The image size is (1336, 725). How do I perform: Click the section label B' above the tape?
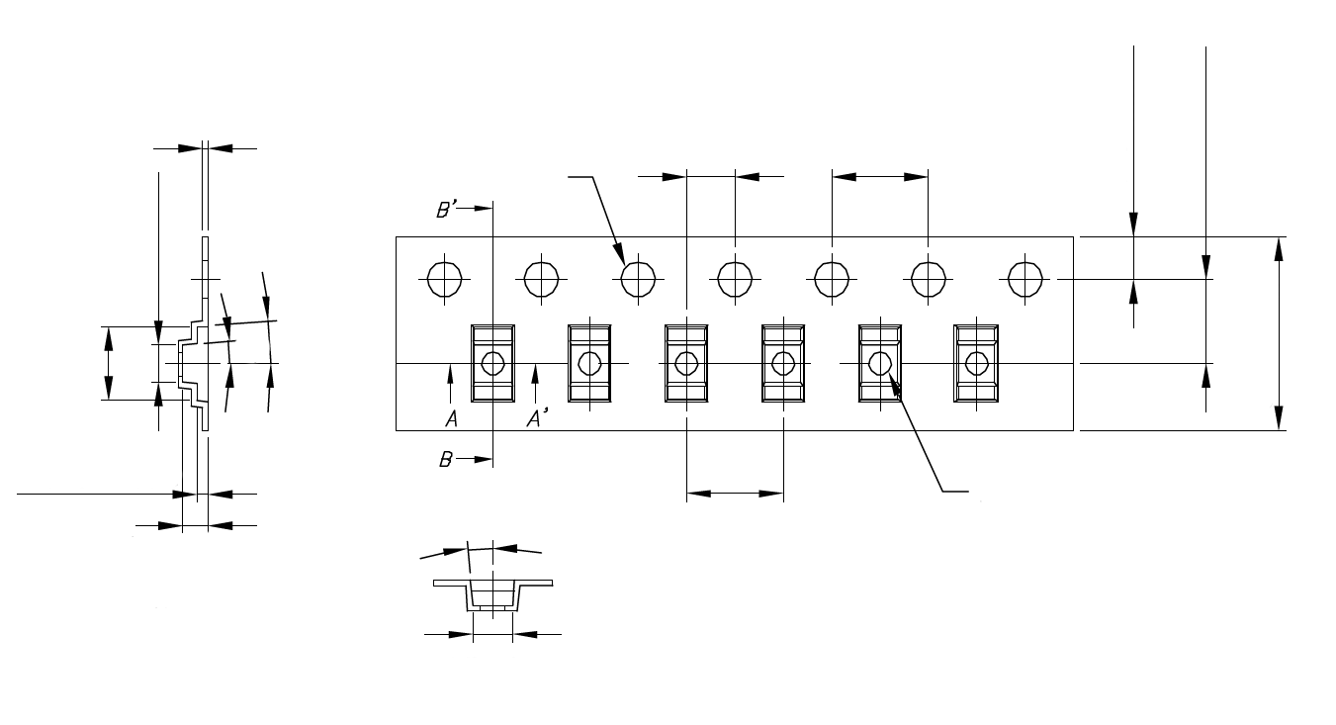pyautogui.click(x=446, y=209)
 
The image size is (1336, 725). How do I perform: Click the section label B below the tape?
pyautogui.click(x=447, y=459)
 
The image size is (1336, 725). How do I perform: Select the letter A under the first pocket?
pyautogui.click(x=450, y=419)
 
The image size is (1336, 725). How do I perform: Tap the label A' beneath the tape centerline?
pyautogui.click(x=537, y=419)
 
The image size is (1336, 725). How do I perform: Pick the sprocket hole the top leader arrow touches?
pyautogui.click(x=639, y=278)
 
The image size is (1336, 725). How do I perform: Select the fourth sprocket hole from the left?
pyautogui.click(x=735, y=278)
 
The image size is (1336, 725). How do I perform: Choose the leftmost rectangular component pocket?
pyautogui.click(x=492, y=363)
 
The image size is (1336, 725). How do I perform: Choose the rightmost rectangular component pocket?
pyautogui.click(x=976, y=363)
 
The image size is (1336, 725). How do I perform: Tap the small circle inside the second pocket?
pyautogui.click(x=588, y=364)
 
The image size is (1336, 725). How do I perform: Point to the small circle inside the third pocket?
pyautogui.click(x=685, y=364)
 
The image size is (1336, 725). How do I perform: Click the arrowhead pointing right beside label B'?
pyautogui.click(x=482, y=209)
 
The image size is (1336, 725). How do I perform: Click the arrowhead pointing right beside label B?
pyautogui.click(x=482, y=459)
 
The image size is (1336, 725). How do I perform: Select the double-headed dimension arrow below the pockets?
pyautogui.click(x=735, y=492)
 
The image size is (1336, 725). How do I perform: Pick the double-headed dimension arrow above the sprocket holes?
pyautogui.click(x=879, y=177)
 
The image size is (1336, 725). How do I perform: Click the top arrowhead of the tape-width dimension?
pyautogui.click(x=1281, y=248)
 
